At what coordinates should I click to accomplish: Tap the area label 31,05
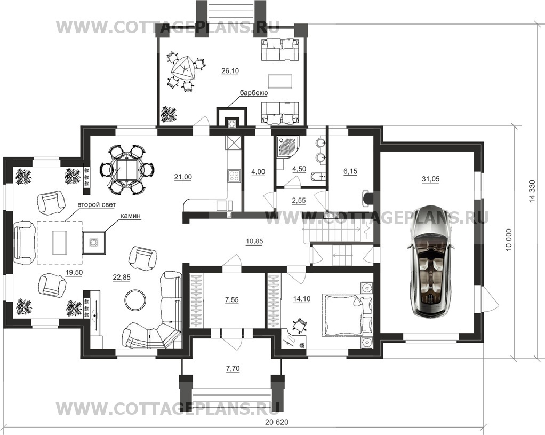point(431,179)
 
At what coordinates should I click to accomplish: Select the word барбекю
point(253,93)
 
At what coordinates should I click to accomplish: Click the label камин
point(131,216)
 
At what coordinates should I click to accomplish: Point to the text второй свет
point(97,204)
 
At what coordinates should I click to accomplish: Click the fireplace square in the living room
point(93,242)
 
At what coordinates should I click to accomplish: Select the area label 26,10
point(230,71)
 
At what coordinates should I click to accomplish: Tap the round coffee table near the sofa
point(135,300)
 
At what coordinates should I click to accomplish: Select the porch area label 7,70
point(233,369)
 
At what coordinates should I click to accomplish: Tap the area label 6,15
point(350,171)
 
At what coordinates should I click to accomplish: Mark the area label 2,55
point(299,201)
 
